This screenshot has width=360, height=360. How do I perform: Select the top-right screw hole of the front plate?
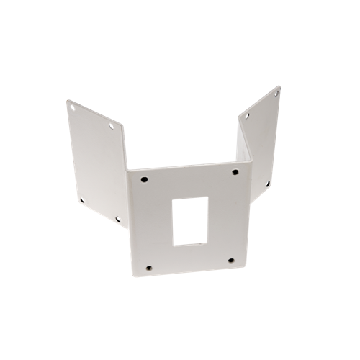point(235,172)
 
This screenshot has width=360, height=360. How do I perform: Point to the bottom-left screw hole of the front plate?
point(148,268)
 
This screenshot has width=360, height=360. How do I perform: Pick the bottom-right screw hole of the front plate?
point(231,260)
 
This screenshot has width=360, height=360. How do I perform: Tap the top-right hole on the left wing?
point(112,127)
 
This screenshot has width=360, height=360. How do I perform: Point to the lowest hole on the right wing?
point(267,184)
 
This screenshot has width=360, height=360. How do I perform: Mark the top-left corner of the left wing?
point(67,101)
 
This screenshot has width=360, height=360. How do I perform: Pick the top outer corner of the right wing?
point(279,86)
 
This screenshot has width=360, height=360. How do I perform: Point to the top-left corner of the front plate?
point(128,171)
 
